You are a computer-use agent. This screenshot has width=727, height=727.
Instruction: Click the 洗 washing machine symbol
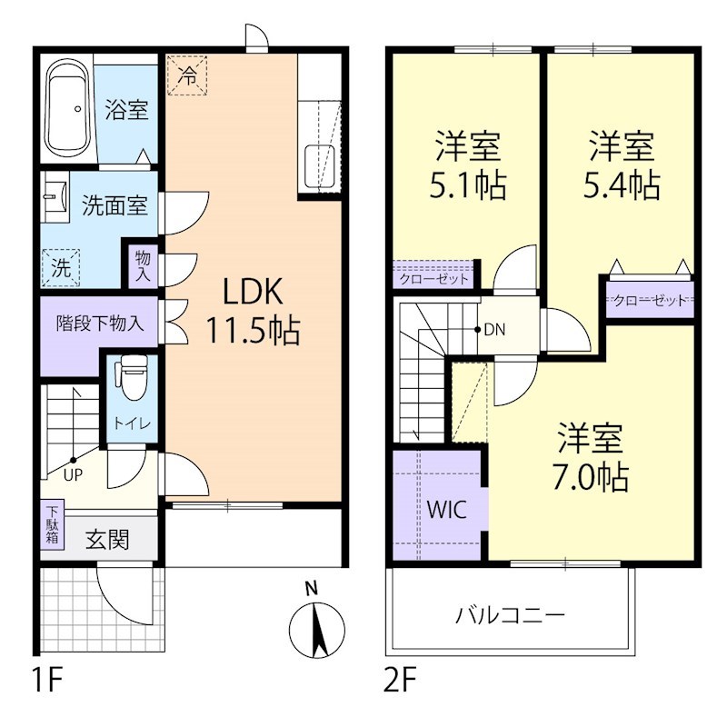coord(59,268)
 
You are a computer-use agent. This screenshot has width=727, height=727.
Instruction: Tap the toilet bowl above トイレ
coord(133,377)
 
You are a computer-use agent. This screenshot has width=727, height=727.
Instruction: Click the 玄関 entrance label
coord(107,540)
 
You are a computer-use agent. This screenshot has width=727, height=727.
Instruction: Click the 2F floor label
coord(401,679)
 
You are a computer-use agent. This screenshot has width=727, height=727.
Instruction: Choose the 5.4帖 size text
coord(621,185)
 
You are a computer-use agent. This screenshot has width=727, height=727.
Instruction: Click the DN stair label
coord(493,330)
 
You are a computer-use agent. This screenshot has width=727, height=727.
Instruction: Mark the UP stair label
coord(74,473)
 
